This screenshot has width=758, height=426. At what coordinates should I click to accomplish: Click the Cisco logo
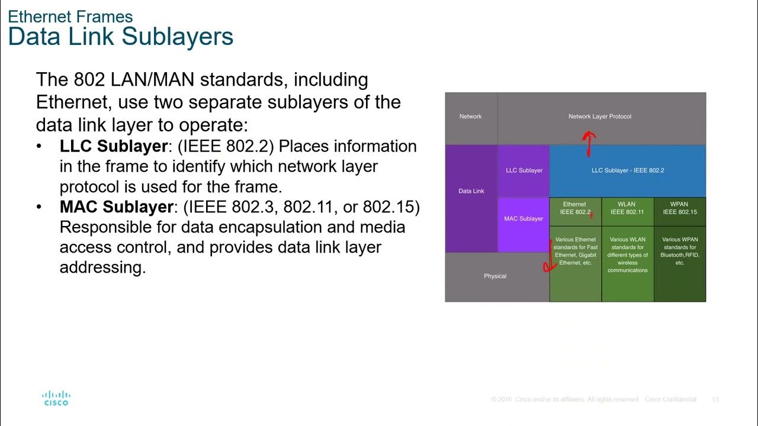tap(56, 398)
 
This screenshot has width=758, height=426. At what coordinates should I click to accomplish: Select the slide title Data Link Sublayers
tap(121, 37)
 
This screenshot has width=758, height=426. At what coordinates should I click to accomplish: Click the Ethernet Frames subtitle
tap(70, 17)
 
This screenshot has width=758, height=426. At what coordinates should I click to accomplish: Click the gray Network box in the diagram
tap(471, 117)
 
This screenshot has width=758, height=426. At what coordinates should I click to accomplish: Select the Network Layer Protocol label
tap(600, 117)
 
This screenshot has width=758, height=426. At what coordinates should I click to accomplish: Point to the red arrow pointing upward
tap(589, 143)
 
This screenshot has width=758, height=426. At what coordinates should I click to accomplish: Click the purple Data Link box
tap(471, 191)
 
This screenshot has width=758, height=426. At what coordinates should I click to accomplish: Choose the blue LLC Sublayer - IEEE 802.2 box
tap(628, 170)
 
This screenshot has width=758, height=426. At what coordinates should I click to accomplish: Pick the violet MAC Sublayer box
tap(523, 219)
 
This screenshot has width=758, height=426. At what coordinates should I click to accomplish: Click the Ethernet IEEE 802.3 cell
tap(575, 208)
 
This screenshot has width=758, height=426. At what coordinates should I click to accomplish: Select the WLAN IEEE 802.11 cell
tap(627, 208)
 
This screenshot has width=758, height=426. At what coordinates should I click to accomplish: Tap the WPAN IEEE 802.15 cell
tap(680, 208)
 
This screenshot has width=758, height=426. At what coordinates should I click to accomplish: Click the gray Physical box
tap(495, 276)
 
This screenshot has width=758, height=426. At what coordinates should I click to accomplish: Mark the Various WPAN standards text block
tap(680, 251)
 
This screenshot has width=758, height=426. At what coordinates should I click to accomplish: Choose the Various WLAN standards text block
tap(628, 255)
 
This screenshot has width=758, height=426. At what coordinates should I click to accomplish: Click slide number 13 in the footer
tap(715, 400)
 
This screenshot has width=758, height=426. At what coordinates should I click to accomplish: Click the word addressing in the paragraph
tap(102, 267)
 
